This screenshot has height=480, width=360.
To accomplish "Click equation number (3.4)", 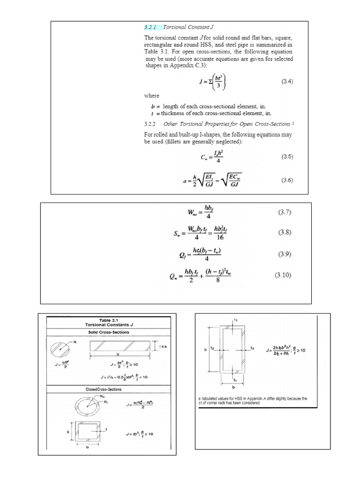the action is (287, 82).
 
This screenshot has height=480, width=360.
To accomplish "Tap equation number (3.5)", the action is (287, 157).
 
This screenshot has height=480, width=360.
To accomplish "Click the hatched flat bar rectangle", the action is (121, 346).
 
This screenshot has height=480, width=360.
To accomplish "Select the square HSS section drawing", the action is (88, 433).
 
